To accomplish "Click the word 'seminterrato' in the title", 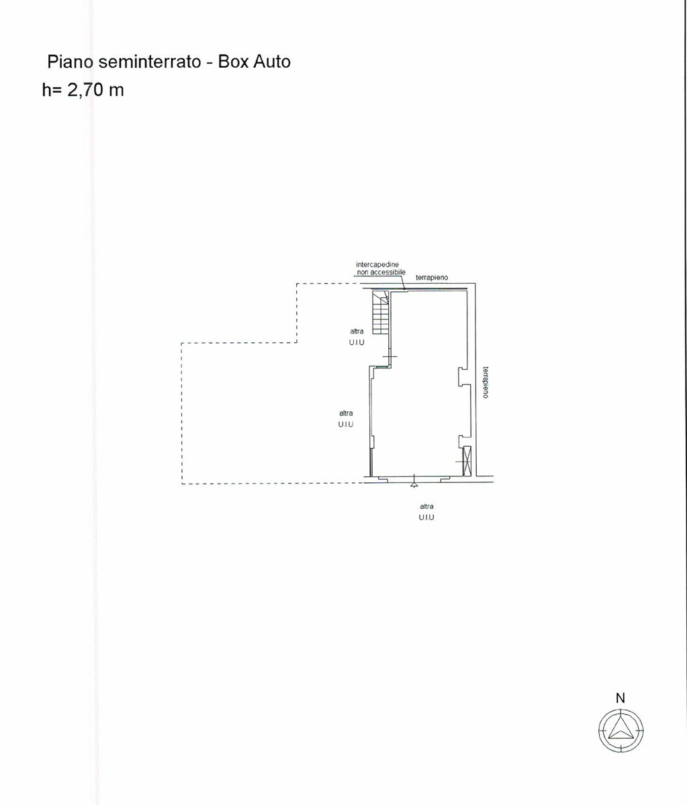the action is point(149,62).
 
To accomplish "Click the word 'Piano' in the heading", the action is point(70,62).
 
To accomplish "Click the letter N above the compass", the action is point(621,698).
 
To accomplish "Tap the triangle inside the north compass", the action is point(620,729).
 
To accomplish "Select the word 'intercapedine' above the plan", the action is point(377,264).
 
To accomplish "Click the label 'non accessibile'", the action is point(381,272).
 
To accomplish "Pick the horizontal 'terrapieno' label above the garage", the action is point(432,277).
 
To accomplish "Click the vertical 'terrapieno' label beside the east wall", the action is point(486,382).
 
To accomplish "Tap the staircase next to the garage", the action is point(381,312).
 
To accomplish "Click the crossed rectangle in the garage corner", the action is point(467,461).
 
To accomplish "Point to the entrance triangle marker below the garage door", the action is point(414,485).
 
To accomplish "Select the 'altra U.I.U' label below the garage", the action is point(426,512).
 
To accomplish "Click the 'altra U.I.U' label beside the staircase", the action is point(357,337).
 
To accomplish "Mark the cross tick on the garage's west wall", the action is point(390,356).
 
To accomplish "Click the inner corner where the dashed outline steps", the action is point(297,343).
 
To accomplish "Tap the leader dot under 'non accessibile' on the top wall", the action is point(404,289).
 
